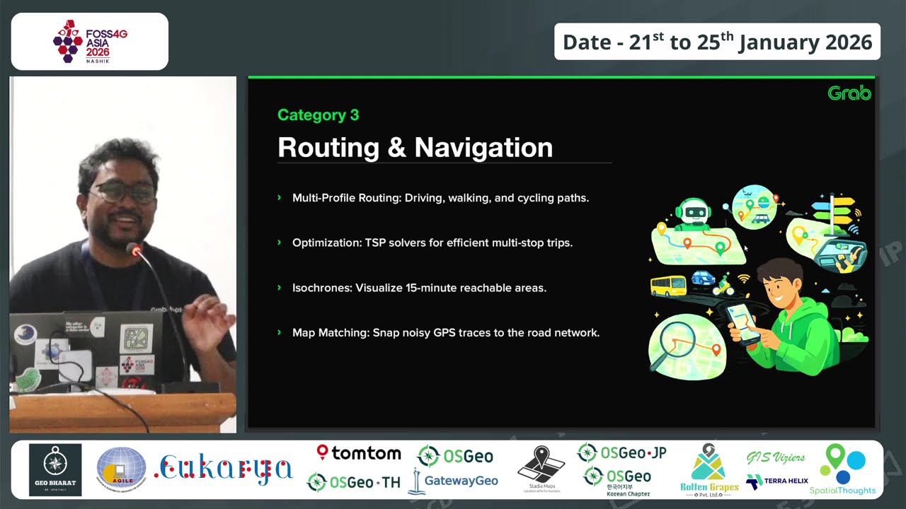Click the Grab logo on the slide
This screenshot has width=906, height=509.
point(849,93)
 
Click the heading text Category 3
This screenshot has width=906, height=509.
point(318,115)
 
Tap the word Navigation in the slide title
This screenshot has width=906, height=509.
point(483,148)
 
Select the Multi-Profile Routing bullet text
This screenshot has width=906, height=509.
point(440,198)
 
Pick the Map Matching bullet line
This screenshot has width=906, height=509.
point(445,332)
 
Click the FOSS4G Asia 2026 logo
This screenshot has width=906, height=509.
point(90,42)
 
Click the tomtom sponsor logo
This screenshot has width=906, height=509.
point(359,452)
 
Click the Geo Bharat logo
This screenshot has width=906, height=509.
point(55,469)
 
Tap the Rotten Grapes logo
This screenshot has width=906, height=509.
point(709,469)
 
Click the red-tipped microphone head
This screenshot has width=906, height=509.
point(133,250)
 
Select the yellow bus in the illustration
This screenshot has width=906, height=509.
point(668,286)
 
